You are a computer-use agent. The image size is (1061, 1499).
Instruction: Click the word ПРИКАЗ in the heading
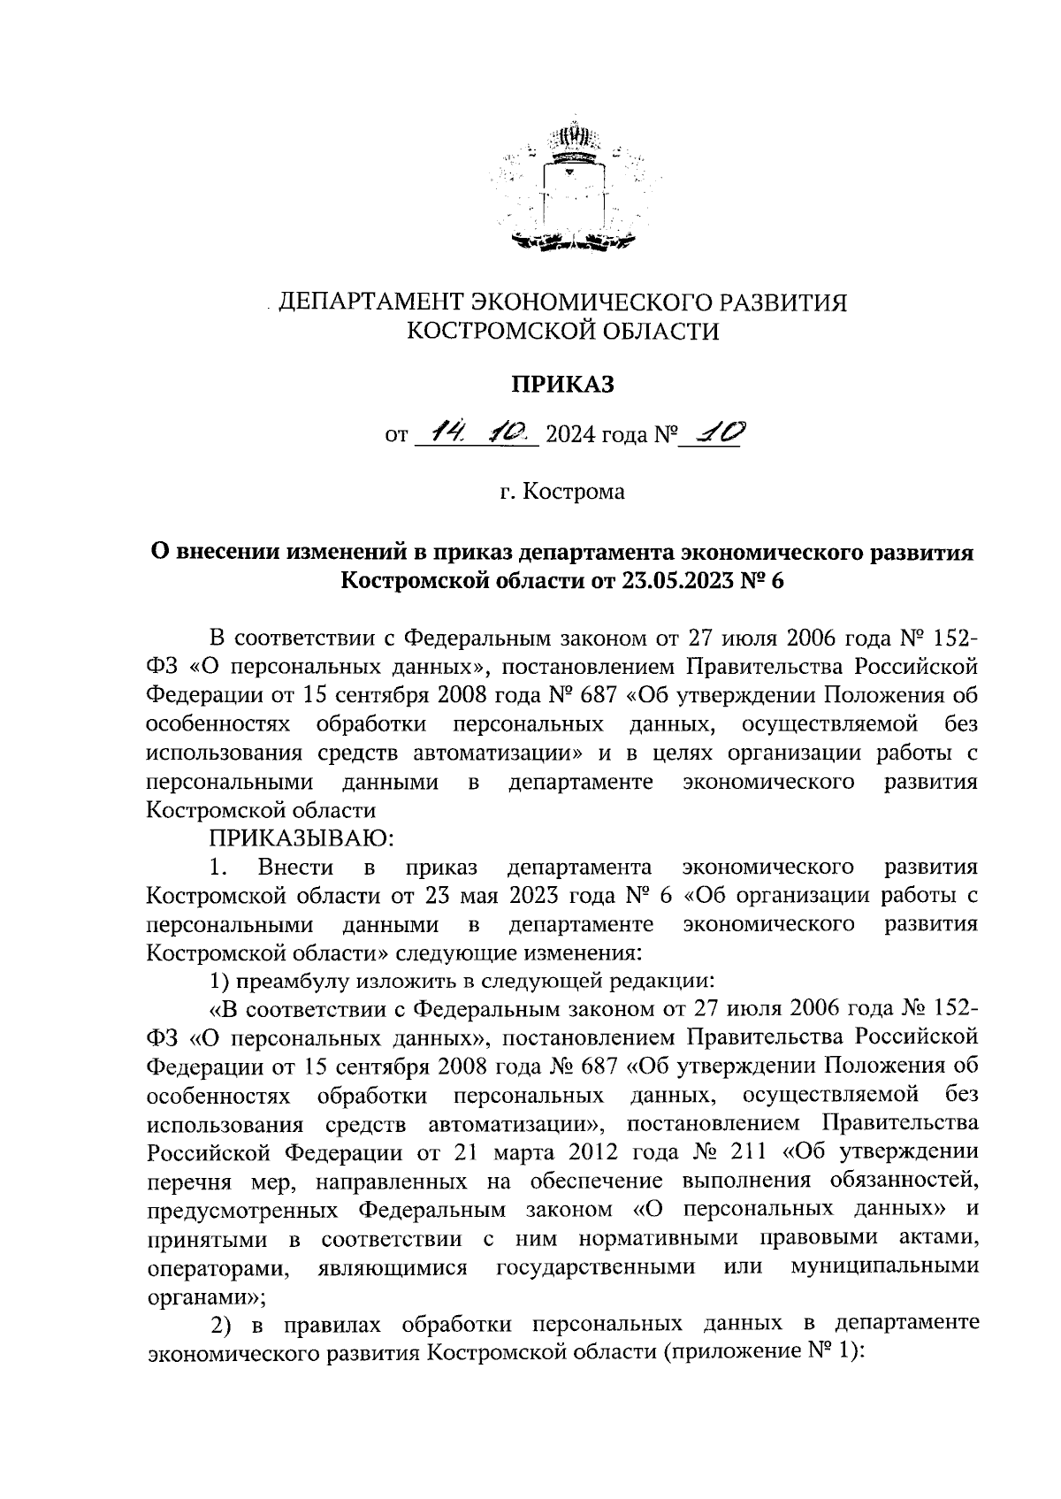(562, 384)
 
